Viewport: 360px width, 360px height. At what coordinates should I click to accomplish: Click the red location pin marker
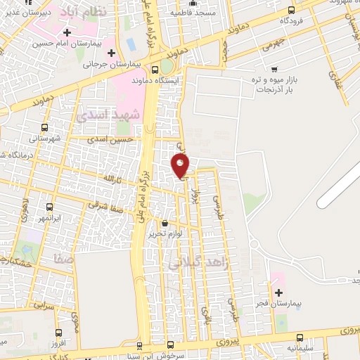point(181,165)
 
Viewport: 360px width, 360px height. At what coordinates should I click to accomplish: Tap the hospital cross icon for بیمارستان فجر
point(279,292)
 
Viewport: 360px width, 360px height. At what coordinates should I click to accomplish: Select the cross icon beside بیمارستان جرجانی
point(111,53)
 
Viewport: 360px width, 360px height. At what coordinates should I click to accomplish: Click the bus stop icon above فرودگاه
point(292,10)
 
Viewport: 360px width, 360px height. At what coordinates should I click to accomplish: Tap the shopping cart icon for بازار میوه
point(274,69)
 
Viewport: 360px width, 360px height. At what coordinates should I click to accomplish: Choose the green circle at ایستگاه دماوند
point(166,66)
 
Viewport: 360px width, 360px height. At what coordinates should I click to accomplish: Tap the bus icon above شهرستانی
point(46,127)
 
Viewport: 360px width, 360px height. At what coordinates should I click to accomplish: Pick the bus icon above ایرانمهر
point(49,207)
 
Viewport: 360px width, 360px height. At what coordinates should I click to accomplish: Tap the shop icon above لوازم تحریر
point(165,223)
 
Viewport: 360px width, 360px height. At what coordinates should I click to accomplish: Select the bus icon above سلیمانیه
point(300,337)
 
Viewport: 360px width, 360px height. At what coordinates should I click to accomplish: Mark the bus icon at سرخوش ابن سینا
point(139,346)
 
